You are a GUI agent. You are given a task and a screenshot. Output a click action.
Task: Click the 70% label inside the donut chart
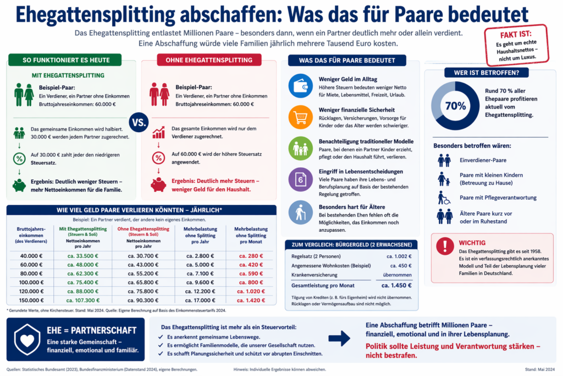[x=455, y=106]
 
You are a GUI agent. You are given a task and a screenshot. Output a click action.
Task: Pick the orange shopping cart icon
[x=300, y=117]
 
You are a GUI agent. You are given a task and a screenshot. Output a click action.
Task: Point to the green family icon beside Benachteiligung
[x=300, y=148]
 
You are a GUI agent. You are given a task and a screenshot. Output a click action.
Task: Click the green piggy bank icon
[x=19, y=186]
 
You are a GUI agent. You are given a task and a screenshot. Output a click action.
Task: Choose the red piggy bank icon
[x=159, y=186]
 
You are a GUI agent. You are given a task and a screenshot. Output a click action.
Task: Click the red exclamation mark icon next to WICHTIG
[x=444, y=246]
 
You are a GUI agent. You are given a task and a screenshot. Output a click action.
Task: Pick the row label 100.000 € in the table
[x=32, y=282]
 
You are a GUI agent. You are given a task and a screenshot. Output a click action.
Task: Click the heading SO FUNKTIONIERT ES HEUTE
[x=67, y=60]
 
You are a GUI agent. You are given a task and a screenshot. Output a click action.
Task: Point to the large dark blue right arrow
[x=339, y=338]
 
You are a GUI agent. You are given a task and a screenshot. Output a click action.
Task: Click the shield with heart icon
[x=27, y=339]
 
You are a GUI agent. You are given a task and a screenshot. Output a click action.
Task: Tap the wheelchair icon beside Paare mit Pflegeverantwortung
[x=444, y=198]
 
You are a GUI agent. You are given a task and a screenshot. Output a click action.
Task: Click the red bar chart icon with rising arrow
[x=159, y=132]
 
